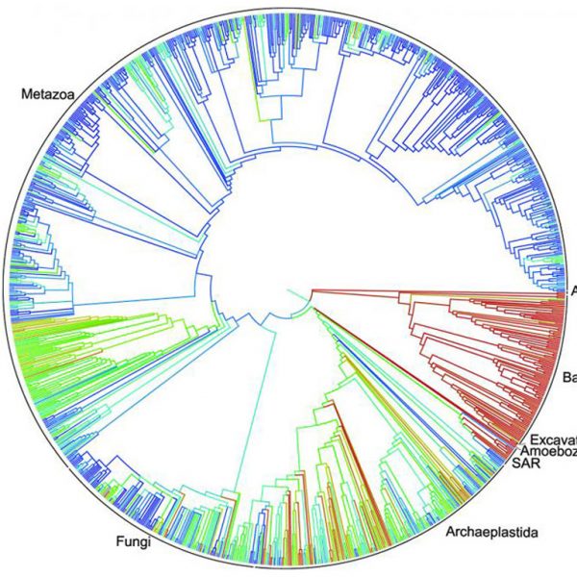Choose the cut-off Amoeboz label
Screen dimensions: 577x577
[548, 450]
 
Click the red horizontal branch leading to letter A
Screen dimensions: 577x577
[433, 289]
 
